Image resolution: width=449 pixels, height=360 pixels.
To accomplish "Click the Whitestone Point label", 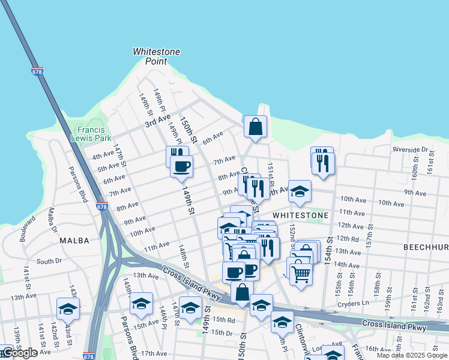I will [157, 56].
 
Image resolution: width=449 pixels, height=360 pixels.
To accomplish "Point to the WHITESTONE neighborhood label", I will [300, 215].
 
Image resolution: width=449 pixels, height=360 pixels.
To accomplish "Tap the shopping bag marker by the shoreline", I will [255, 127].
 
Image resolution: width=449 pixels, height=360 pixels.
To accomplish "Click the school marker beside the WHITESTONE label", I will [300, 192].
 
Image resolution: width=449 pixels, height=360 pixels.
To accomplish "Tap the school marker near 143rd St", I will [68, 309].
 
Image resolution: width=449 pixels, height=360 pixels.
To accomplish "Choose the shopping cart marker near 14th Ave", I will [301, 274].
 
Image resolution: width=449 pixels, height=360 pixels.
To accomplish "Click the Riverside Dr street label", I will [409, 149].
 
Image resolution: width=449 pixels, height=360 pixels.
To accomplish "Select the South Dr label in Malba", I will [49, 261].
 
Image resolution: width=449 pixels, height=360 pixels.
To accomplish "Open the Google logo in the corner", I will [19, 353].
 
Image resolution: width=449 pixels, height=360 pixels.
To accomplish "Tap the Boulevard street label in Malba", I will [24, 223].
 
